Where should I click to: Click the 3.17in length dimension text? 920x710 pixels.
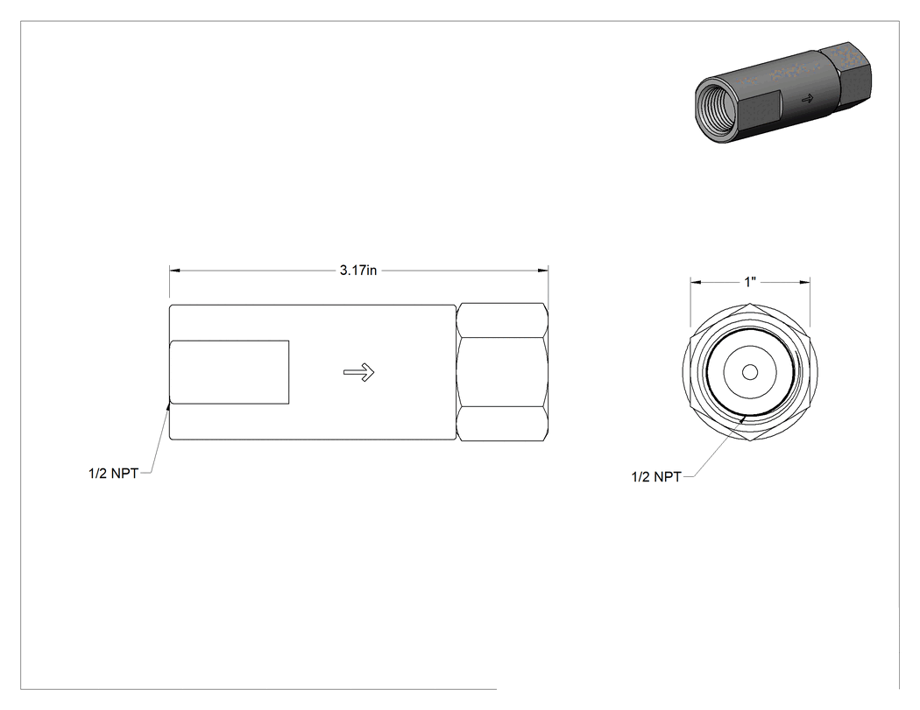[357, 271]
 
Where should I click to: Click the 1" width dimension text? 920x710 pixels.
[750, 283]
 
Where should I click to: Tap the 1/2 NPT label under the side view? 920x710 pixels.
[113, 473]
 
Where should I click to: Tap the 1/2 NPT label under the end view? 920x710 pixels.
[656, 476]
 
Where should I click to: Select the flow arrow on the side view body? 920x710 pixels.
[359, 372]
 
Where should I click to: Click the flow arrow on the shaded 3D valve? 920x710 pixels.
[807, 99]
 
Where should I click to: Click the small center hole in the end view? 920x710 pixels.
[750, 372]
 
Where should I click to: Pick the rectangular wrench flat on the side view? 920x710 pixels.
[230, 372]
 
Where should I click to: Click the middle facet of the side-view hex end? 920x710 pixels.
[503, 372]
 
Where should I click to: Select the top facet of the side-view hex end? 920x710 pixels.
[503, 320]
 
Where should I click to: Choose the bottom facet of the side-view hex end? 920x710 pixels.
[503, 424]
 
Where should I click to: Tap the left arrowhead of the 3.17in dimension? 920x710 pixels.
[175, 271]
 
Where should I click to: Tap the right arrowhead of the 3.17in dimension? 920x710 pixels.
[543, 271]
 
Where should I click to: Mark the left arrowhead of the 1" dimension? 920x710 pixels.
[696, 283]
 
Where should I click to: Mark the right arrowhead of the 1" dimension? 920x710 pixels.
[805, 283]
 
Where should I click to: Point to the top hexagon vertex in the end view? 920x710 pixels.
[750, 304]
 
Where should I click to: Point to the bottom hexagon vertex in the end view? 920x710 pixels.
[750, 441]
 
